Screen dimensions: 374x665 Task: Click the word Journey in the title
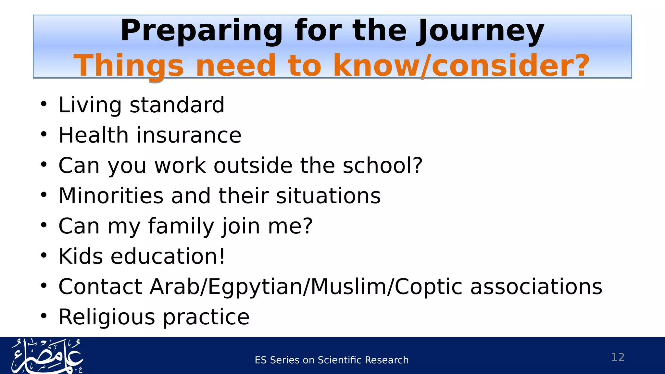481,31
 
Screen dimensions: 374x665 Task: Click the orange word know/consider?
461,66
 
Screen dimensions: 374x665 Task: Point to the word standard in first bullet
177,105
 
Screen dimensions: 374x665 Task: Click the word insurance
189,135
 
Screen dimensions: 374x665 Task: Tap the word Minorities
111,196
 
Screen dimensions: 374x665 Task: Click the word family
181,226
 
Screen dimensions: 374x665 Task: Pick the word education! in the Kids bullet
168,256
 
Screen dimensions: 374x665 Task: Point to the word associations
536,287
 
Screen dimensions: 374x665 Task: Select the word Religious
107,317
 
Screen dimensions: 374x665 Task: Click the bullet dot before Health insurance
44,134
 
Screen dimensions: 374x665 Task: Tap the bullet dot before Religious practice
44,316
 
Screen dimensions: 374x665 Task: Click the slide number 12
618,357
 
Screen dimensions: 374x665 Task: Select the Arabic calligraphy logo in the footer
47,356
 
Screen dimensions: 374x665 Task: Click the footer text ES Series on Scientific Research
332,360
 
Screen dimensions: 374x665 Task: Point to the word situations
328,196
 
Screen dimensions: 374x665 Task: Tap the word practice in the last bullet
206,317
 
